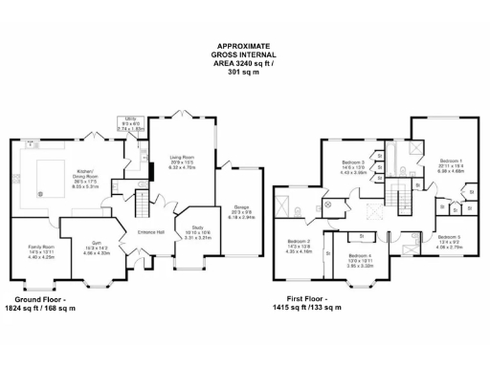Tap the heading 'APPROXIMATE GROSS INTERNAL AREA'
coord(244,60)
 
